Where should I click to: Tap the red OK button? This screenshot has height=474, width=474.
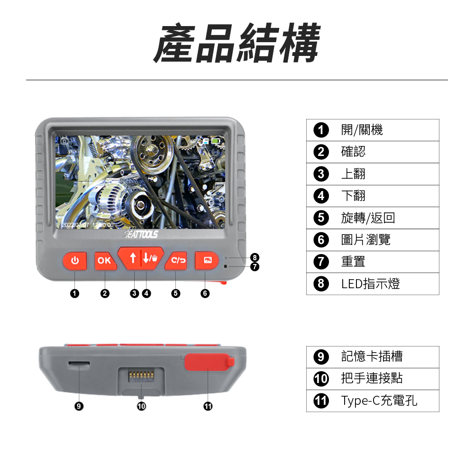[105, 261]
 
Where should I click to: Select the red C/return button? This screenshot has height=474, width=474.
[176, 260]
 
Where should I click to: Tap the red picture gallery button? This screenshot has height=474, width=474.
[207, 260]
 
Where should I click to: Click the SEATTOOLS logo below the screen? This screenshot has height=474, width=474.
[141, 234]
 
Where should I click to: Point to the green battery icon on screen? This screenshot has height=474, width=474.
[216, 141]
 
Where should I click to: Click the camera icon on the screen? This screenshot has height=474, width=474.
[64, 141]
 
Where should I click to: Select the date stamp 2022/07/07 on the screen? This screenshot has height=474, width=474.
[75, 225]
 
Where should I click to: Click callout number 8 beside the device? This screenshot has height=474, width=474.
[255, 257]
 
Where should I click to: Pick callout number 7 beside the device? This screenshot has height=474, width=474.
[255, 266]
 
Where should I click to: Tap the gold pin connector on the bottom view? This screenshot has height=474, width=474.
[141, 375]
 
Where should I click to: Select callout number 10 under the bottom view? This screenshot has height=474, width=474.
[141, 406]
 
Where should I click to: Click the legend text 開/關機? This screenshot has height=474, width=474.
[362, 130]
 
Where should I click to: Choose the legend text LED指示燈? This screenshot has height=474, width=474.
[370, 284]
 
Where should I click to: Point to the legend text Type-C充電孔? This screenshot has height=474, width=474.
[379, 401]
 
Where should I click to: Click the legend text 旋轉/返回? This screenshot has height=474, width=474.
[368, 218]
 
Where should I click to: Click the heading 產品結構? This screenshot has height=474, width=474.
[237, 43]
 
